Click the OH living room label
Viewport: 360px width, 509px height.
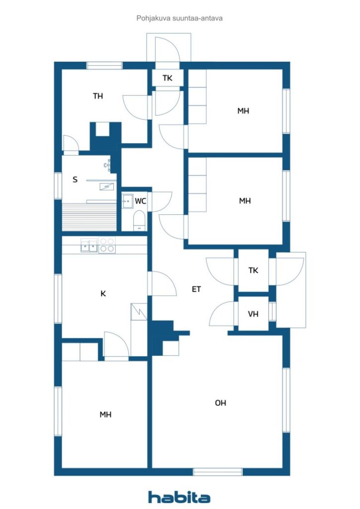click(x=220, y=403)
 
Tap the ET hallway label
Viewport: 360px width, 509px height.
click(x=196, y=289)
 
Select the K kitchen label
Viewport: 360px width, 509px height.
click(x=103, y=293)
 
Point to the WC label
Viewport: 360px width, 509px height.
click(x=140, y=201)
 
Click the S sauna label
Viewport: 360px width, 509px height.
click(x=75, y=179)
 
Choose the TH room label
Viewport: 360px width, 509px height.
click(x=98, y=96)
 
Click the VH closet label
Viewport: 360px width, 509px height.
click(x=253, y=314)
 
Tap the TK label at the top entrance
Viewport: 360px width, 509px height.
click(x=168, y=78)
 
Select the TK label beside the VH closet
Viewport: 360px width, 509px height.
click(x=253, y=270)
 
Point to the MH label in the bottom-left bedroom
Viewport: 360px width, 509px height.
click(x=105, y=415)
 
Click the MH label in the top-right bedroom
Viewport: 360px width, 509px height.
click(x=243, y=111)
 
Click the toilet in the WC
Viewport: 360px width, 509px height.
click(x=139, y=220)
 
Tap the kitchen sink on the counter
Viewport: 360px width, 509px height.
click(x=89, y=245)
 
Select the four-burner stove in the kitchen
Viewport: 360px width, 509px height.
click(x=107, y=245)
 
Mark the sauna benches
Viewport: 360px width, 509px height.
click(x=90, y=217)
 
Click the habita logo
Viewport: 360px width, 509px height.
click(x=179, y=497)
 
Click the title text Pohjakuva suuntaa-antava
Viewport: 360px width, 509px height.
click(x=180, y=18)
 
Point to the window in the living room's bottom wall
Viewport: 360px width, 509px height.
click(x=218, y=472)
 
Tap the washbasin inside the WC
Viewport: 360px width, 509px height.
click(x=127, y=201)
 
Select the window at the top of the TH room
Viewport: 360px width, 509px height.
click(x=104, y=65)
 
